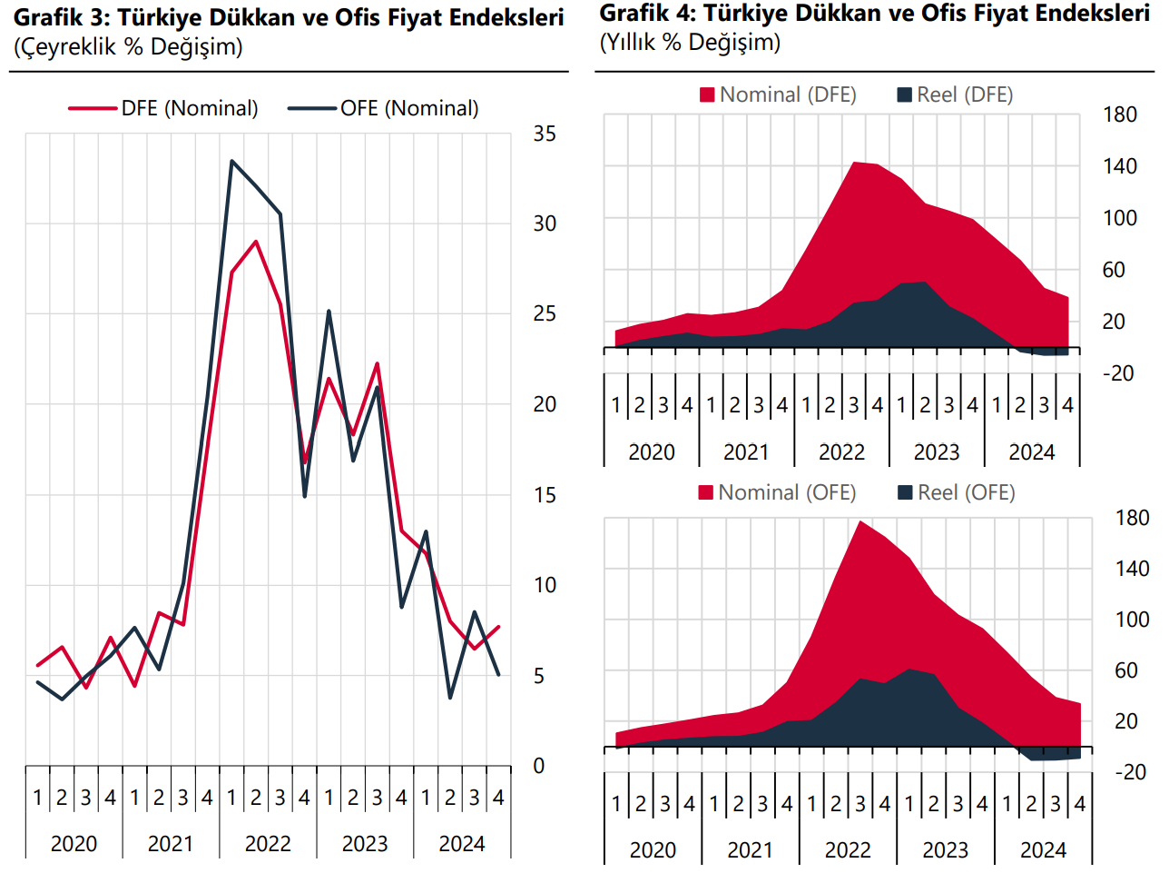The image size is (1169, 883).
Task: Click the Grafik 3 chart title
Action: (289, 17)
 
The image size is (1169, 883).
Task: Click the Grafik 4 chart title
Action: (874, 14)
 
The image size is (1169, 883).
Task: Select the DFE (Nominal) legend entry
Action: (164, 108)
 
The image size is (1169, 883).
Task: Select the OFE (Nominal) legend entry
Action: (383, 108)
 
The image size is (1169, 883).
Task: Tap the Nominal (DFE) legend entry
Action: (778, 94)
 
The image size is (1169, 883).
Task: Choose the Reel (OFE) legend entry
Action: (957, 492)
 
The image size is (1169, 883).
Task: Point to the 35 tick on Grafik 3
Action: (545, 134)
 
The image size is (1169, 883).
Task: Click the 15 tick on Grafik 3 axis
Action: (545, 495)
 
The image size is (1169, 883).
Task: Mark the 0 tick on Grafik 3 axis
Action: (539, 766)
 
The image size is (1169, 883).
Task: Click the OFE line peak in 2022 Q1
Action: (231, 162)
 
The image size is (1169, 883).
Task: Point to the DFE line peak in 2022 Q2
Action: (256, 242)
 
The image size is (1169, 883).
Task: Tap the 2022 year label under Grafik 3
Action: (268, 844)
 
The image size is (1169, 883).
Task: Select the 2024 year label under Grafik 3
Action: (462, 844)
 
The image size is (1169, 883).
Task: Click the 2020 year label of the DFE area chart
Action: (652, 452)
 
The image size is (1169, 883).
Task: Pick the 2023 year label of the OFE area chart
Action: (946, 850)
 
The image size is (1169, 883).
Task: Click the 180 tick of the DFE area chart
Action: (1120, 114)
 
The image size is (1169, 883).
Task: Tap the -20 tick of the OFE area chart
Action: (1130, 772)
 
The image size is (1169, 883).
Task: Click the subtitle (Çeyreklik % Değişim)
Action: (128, 47)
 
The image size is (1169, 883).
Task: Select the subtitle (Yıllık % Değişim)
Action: (690, 43)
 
